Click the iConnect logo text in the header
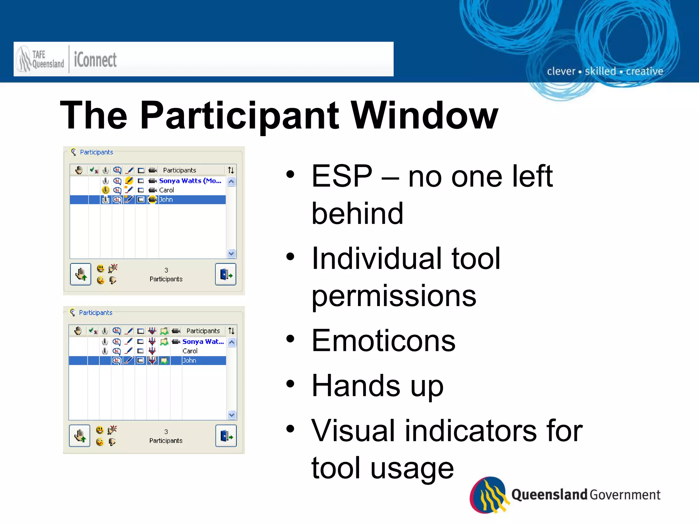(95, 60)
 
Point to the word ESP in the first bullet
(342, 176)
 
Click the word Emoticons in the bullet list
(383, 340)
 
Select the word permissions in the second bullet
(394, 295)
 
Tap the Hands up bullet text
(377, 385)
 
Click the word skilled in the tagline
(600, 71)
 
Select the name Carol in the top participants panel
(167, 190)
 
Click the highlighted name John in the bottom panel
(189, 361)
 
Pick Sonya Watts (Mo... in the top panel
(190, 181)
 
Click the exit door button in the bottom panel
(226, 436)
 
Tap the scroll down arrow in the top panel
(231, 253)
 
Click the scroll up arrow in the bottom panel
(232, 342)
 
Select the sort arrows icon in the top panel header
(231, 170)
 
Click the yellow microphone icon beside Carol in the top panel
(106, 190)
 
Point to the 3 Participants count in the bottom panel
(166, 436)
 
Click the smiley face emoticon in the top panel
(100, 268)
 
